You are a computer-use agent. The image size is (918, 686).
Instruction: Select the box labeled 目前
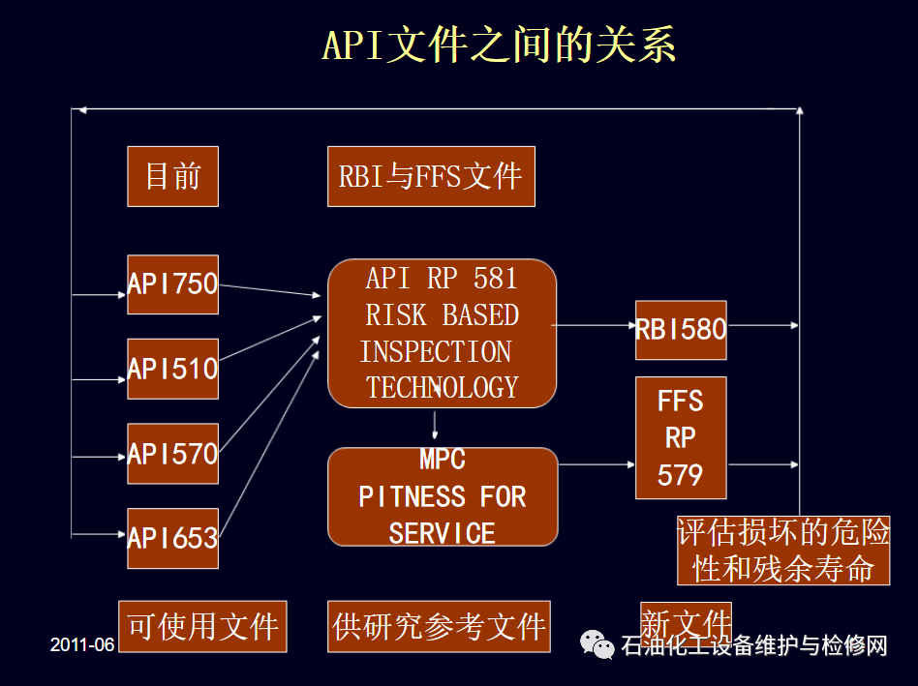pyautogui.click(x=172, y=176)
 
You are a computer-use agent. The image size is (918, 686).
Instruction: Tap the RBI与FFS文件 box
pyautogui.click(x=431, y=176)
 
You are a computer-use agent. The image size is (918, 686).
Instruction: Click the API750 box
pyautogui.click(x=172, y=284)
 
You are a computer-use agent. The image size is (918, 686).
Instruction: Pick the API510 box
pyautogui.click(x=172, y=369)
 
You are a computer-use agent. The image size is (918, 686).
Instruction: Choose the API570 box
pyautogui.click(x=172, y=453)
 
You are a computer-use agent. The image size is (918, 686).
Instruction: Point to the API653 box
pyautogui.click(x=172, y=537)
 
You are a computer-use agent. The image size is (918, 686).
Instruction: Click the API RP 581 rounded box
pyautogui.click(x=442, y=333)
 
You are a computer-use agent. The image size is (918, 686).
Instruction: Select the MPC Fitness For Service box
pyautogui.click(x=443, y=496)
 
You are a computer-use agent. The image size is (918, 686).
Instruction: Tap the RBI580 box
pyautogui.click(x=680, y=329)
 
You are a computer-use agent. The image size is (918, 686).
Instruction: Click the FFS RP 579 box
pyautogui.click(x=680, y=437)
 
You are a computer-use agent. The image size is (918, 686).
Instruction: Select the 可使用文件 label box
pyautogui.click(x=202, y=626)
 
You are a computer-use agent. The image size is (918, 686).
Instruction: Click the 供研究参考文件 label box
pyautogui.click(x=439, y=626)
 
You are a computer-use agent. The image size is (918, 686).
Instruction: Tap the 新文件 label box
pyautogui.click(x=686, y=620)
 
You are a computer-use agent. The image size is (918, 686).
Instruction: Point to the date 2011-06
pyautogui.click(x=82, y=644)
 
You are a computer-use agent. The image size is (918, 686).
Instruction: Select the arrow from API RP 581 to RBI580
pyautogui.click(x=594, y=326)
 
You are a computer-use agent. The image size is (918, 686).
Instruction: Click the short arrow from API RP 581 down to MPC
pyautogui.click(x=435, y=426)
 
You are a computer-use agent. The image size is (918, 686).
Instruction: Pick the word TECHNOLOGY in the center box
pyautogui.click(x=442, y=387)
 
